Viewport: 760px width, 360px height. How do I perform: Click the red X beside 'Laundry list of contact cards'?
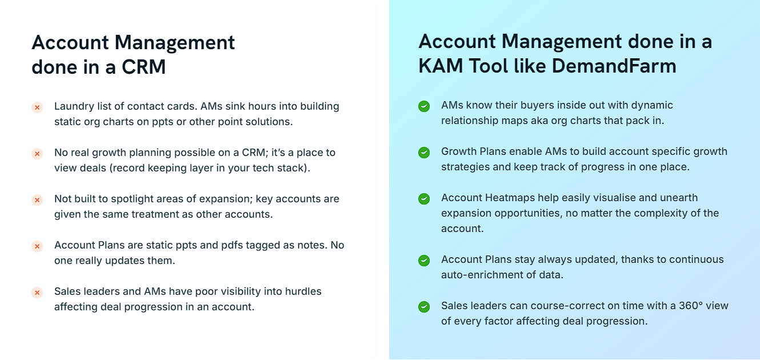tap(37, 107)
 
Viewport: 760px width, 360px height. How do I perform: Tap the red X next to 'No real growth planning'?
tap(37, 153)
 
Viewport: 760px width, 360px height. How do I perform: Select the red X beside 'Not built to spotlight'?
tap(37, 199)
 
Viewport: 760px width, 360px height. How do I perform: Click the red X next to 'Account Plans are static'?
tap(37, 246)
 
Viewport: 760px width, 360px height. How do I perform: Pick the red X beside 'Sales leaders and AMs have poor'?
tap(37, 292)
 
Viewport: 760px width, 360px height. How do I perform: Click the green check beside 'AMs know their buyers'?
tap(424, 106)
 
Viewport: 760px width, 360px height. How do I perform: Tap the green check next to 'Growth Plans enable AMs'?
tap(424, 152)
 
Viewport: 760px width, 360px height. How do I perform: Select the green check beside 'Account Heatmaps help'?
tap(424, 198)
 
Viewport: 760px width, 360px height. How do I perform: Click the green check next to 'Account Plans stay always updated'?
tap(424, 260)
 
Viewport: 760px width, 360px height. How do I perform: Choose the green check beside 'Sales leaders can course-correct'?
tap(424, 306)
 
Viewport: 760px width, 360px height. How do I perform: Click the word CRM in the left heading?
tap(143, 67)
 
